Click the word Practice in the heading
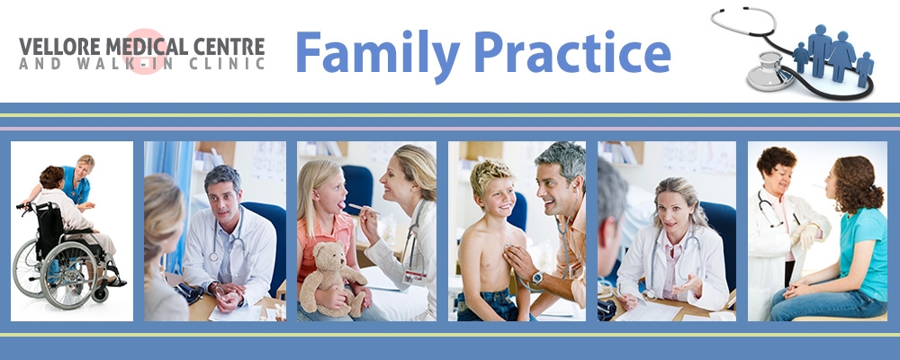point(572,51)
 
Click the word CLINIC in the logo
point(232,63)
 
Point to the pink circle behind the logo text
point(143,51)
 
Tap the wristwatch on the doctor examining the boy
point(537,278)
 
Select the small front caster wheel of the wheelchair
point(101,294)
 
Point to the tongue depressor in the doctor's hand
point(364,207)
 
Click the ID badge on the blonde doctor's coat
point(414,276)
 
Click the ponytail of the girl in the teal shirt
point(870,195)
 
